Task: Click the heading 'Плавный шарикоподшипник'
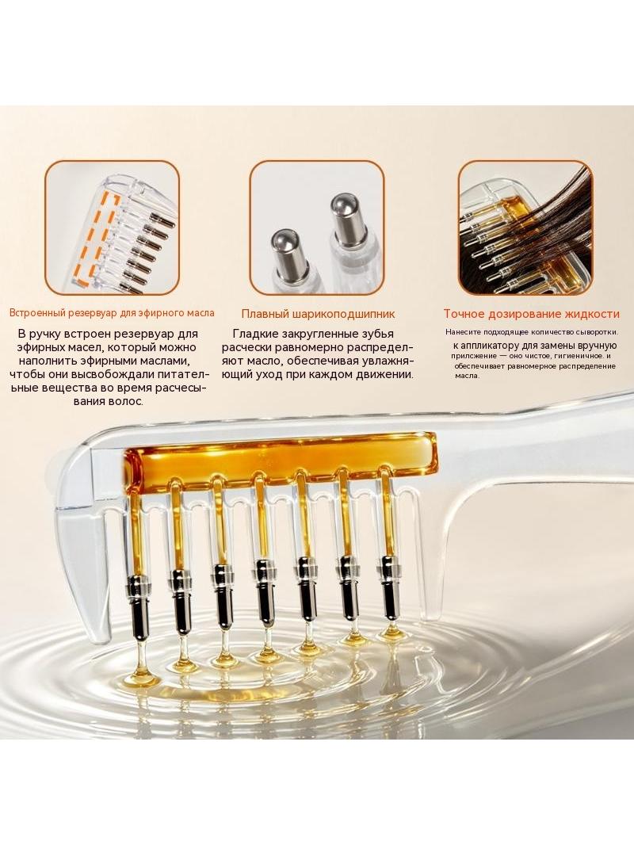coord(318,314)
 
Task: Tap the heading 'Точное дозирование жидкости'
coord(531,314)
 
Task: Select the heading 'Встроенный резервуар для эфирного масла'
coord(112,312)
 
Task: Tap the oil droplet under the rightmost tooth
coord(391,633)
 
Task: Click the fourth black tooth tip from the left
coord(263,593)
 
